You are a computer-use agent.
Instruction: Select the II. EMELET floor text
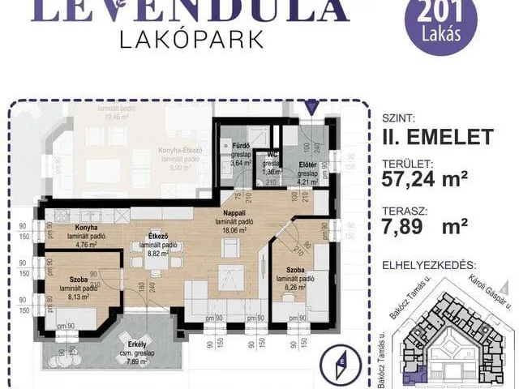click(x=438, y=136)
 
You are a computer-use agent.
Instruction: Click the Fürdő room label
click(x=240, y=147)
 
